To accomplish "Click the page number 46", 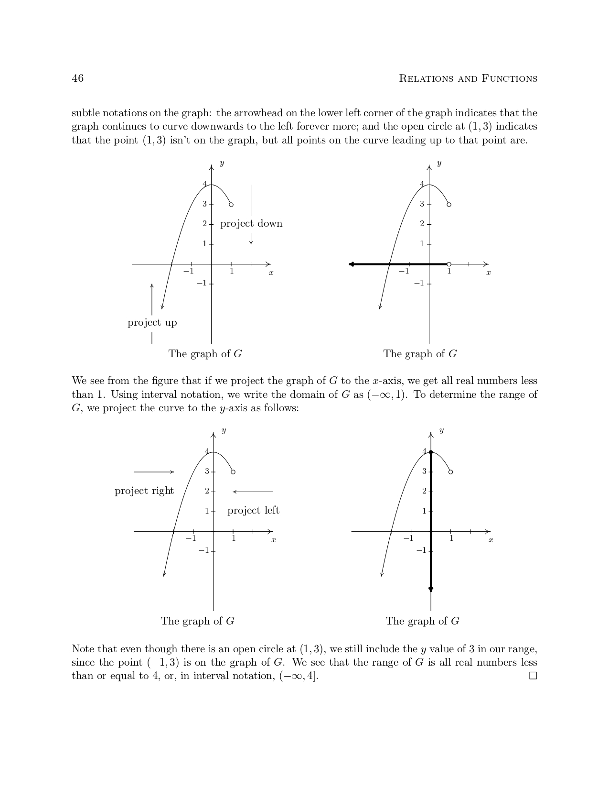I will point(77,78).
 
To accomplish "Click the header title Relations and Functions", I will point(468,78).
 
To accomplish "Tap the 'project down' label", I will point(251,224).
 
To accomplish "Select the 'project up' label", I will point(152,323).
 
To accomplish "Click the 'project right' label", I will point(144,491).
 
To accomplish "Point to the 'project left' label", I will point(253,511).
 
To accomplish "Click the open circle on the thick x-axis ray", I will point(449,264).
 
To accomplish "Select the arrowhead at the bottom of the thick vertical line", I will point(431,590).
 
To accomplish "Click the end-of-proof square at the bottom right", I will point(533,676).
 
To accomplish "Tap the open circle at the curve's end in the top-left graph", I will point(231,205).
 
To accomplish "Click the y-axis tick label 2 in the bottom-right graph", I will point(424,491).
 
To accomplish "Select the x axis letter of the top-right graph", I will point(488,273).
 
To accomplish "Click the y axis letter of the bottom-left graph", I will point(224,431).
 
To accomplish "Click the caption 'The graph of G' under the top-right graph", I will point(420,354).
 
